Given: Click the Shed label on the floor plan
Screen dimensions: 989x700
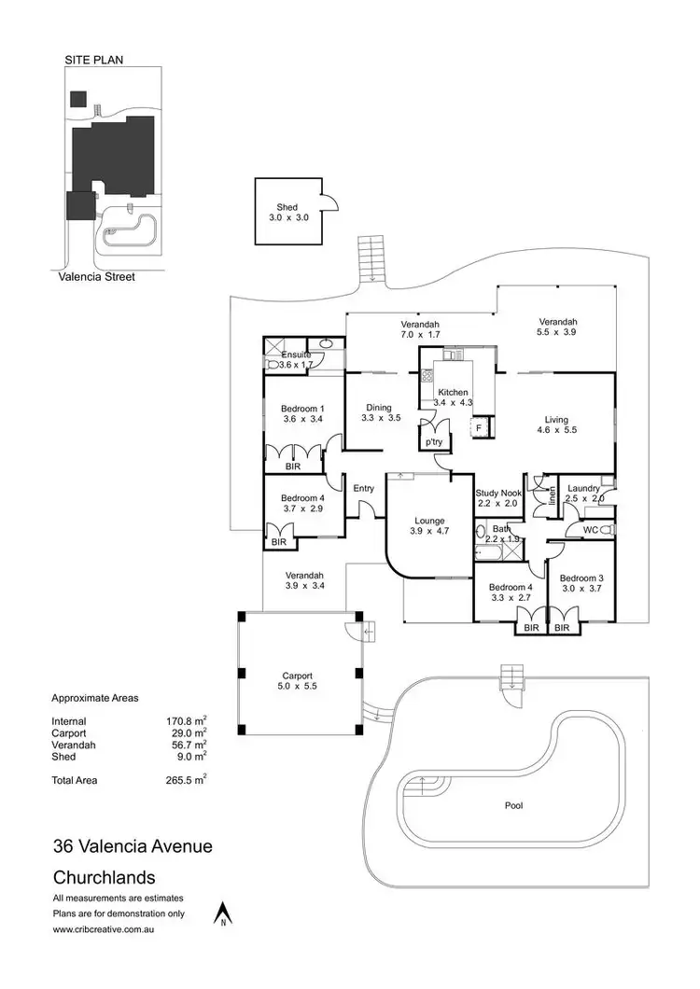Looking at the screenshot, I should coord(287,207).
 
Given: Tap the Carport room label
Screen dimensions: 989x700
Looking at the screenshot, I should coord(298,676).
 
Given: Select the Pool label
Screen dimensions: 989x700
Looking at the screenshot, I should coord(513,804).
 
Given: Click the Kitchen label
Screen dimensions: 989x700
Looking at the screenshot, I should coord(454,393).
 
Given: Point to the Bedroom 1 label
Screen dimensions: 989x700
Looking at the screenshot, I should coord(302,409).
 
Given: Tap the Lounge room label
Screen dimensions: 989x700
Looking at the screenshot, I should coord(427,521).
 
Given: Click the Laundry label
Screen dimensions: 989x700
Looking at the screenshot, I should coord(583,488).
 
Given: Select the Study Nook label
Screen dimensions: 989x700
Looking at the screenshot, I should coord(497,493).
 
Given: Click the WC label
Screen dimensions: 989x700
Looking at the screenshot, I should coord(590,530).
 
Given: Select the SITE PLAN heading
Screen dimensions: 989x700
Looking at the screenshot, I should coord(93,60).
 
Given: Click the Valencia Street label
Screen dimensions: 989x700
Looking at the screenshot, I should coord(93,276).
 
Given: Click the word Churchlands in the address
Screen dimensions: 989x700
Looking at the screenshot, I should coord(104,878).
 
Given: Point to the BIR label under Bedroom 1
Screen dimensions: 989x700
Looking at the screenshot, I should coord(293,466).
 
